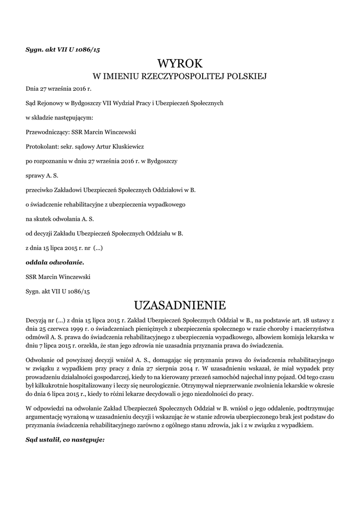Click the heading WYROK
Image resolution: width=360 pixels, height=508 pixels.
180,63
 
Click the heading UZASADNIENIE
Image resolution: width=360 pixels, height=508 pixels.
180,304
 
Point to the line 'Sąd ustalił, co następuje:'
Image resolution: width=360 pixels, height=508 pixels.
65,439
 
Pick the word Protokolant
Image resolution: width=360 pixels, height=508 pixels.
41,146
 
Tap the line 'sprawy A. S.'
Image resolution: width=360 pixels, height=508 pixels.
42,175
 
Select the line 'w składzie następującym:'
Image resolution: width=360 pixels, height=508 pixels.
59,118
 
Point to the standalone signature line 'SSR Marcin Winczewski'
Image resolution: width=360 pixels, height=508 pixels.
58,276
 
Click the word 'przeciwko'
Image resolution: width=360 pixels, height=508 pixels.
40,190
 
